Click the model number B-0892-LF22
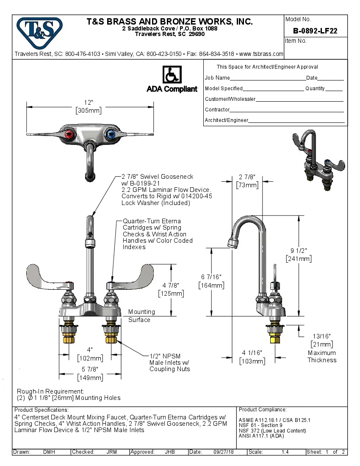[315, 31]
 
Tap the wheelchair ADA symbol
[172, 75]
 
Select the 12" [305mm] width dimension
[89, 107]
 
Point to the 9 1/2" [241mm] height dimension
[299, 254]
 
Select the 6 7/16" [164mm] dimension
[211, 281]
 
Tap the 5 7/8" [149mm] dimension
[89, 374]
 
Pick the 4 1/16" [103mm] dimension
[252, 357]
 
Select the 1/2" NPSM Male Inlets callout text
[169, 363]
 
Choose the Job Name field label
[217, 78]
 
